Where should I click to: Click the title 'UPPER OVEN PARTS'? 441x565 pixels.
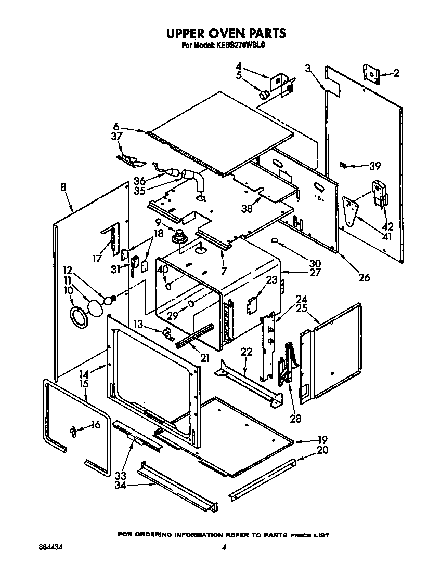(225, 33)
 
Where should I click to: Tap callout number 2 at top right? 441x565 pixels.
(396, 73)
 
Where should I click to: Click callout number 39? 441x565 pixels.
(374, 166)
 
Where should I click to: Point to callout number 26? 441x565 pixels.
(364, 277)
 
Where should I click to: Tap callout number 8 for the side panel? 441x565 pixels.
(63, 188)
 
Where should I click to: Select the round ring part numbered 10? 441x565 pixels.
(78, 317)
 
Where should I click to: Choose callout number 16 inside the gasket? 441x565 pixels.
(95, 425)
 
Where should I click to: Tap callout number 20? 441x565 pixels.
(322, 450)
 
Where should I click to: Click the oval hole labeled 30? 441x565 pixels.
(276, 241)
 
